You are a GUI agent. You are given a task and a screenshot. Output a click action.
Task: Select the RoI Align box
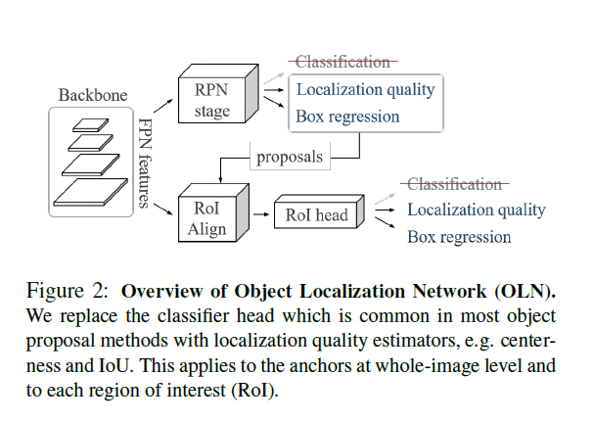coord(206,218)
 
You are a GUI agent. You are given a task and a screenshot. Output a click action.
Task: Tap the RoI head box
coord(315,215)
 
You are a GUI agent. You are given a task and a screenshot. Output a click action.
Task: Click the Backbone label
coord(91,95)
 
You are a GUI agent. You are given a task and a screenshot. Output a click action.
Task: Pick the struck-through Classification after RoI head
coord(454,183)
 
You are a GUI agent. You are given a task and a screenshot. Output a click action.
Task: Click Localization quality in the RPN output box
coord(365,90)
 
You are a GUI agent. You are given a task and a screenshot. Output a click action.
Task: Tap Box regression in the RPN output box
coord(347,117)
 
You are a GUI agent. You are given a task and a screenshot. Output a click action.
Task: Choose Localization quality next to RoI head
coord(476,210)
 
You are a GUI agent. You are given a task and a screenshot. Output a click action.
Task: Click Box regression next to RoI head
coord(459,237)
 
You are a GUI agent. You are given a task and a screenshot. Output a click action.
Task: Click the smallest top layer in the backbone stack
coord(91,125)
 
